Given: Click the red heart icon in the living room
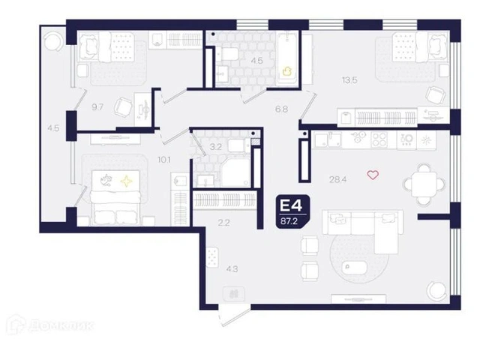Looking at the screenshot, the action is tap(373, 175).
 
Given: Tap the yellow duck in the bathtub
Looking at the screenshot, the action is tap(286, 71).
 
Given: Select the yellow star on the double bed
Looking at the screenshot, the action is tap(126, 181).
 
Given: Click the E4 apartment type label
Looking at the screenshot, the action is tap(291, 206).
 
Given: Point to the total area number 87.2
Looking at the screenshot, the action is tap(289, 221).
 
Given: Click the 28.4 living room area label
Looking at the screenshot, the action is tap(337, 180).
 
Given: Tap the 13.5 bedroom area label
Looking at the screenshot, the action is tap(349, 80).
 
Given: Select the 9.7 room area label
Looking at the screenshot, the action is tap(97, 107).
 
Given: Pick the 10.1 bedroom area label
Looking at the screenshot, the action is tap(164, 160).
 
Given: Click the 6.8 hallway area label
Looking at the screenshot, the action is tap(281, 109).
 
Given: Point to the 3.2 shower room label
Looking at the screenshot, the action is tap(215, 147).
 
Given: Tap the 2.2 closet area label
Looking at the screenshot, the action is tap(223, 223).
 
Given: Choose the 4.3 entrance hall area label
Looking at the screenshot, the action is tap(232, 269).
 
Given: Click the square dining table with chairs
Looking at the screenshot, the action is tap(424, 184).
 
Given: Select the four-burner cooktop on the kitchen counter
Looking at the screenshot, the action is tap(379, 139).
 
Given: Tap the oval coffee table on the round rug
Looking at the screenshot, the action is tap(355, 268).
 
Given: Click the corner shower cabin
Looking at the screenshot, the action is tap(235, 172).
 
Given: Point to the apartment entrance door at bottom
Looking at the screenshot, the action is tap(235, 316).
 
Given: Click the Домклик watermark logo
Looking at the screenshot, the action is tap(50, 325).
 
